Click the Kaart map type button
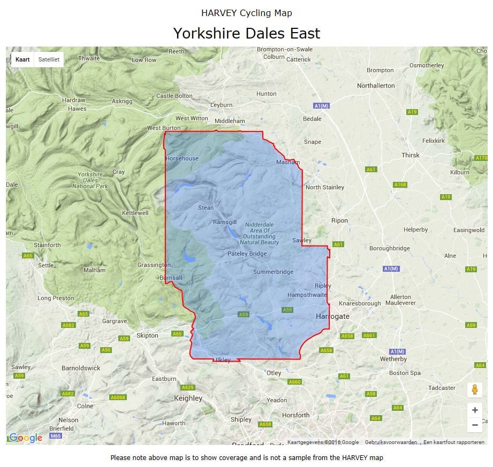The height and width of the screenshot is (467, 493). click(22, 59)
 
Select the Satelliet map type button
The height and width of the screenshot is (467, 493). click(49, 59)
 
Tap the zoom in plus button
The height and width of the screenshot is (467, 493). click(474, 410)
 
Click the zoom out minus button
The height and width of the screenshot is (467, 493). click(474, 425)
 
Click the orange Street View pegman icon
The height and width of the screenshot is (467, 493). click(474, 390)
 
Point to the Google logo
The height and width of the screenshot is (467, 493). click(25, 438)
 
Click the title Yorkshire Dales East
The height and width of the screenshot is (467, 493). click(246, 33)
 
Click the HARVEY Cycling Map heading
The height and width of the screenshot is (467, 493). click(246, 13)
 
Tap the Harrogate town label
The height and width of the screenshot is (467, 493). click(332, 317)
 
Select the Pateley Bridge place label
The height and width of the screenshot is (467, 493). click(247, 254)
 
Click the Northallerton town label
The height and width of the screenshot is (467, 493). click(376, 86)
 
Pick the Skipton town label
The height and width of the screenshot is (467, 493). click(147, 335)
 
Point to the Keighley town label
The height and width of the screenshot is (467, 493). click(188, 398)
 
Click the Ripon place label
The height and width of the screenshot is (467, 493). click(339, 220)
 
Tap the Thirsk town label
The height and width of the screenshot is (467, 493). click(411, 155)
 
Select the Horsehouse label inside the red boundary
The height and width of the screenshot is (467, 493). click(182, 158)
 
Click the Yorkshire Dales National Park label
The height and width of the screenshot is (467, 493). click(90, 180)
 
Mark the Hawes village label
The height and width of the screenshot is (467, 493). click(77, 109)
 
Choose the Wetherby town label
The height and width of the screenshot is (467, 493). click(393, 359)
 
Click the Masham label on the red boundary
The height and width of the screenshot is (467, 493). click(288, 162)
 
